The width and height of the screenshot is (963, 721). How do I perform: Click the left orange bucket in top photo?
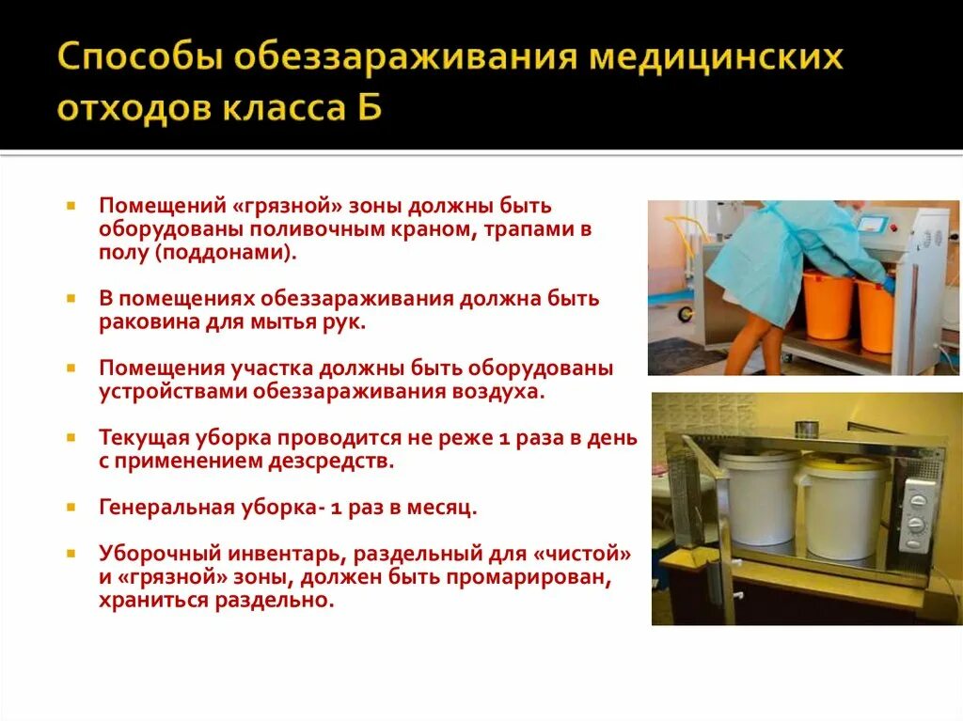click(x=828, y=305)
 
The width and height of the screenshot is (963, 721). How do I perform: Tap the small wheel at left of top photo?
click(x=685, y=313)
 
